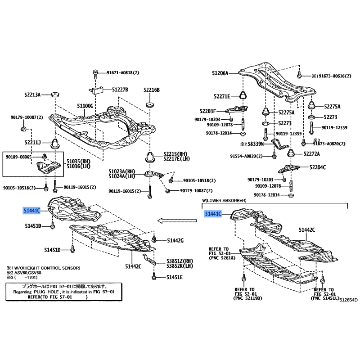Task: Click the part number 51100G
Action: click(x=85, y=106)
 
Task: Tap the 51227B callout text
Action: click(x=120, y=90)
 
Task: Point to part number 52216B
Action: click(x=152, y=90)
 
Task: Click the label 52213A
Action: click(x=32, y=95)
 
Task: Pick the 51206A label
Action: click(x=220, y=73)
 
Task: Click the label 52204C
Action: click(x=318, y=167)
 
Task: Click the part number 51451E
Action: click(x=175, y=277)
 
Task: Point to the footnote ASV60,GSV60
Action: click(x=31, y=273)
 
